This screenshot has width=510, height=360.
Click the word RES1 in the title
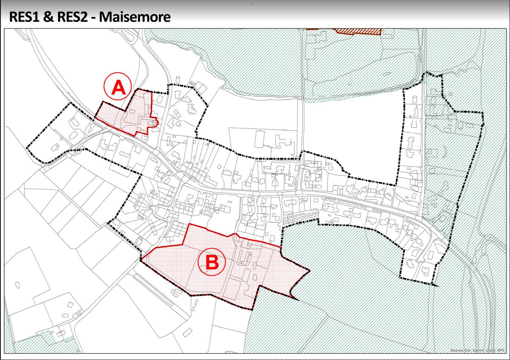click(24, 17)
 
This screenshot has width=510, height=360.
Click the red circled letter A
click(118, 88)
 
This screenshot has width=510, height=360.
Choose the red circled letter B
click(212, 263)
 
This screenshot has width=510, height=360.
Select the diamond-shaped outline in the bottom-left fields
click(17, 284)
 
